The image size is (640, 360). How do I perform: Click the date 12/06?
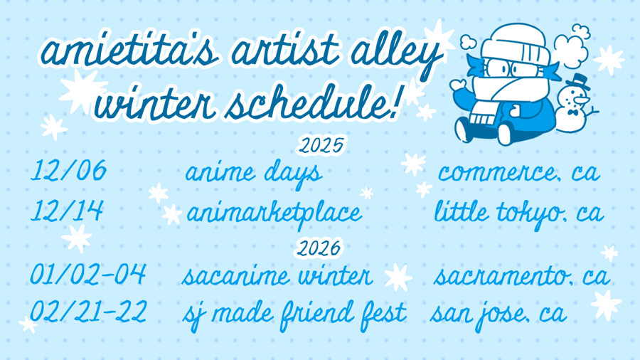68,171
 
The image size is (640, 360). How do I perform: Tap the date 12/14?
67,211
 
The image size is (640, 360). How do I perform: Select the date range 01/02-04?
87,274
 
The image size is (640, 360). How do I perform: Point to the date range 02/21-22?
88,312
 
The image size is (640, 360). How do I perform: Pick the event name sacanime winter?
277,276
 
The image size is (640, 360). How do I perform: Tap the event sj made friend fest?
294,315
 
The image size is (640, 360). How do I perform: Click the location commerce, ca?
519,173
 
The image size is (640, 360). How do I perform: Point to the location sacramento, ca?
522,276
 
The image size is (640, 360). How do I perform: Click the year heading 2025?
321,146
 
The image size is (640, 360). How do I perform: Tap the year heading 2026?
319,248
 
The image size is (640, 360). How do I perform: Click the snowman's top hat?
579,83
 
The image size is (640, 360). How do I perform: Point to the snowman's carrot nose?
581,100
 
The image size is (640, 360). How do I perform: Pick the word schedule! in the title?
313,102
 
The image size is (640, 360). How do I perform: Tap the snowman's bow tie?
573,112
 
